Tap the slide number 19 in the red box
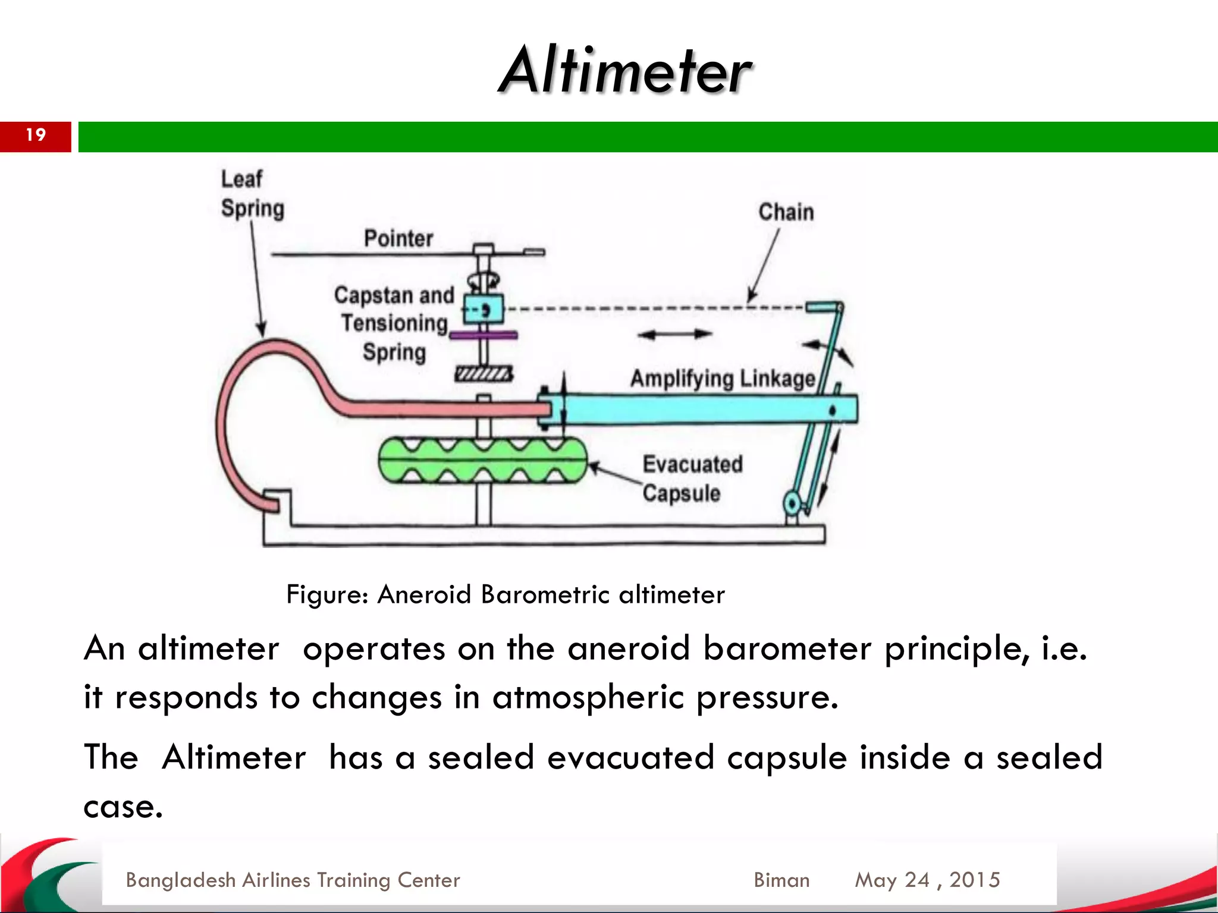36,135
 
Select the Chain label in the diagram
786,212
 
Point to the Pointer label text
398,238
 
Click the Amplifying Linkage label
722,379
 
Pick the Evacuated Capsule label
692,478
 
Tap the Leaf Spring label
252,194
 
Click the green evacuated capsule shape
482,460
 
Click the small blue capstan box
483,309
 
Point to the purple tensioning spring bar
483,336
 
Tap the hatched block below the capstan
483,374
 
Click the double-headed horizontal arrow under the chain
675,335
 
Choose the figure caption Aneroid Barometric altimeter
506,594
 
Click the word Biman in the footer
781,880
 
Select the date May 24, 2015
927,880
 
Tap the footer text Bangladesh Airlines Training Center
293,880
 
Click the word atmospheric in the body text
588,697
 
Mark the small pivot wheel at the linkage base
792,503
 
